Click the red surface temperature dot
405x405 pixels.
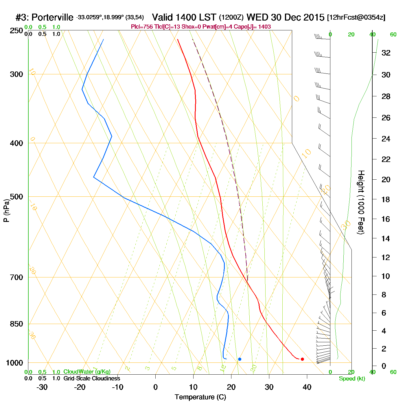click(302, 359)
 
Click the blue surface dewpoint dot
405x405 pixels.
click(240, 359)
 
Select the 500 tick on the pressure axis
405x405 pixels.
click(16, 197)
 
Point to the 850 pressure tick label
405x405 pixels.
click(16, 324)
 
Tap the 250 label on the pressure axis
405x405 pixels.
click(16, 31)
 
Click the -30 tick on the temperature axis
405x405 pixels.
click(42, 387)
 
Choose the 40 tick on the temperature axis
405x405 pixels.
click(307, 387)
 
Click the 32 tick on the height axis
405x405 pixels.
click(386, 53)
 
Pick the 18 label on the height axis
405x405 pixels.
click(386, 199)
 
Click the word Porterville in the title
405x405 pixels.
click(52, 17)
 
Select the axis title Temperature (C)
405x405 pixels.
click(200, 397)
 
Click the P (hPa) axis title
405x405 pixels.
click(6, 211)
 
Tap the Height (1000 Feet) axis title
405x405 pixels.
click(361, 202)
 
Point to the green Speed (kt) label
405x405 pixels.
click(352, 379)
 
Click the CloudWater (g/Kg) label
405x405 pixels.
click(87, 372)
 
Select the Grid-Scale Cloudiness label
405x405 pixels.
click(92, 378)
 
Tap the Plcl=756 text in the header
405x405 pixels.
click(142, 27)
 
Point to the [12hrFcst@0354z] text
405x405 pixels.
click(356, 17)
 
